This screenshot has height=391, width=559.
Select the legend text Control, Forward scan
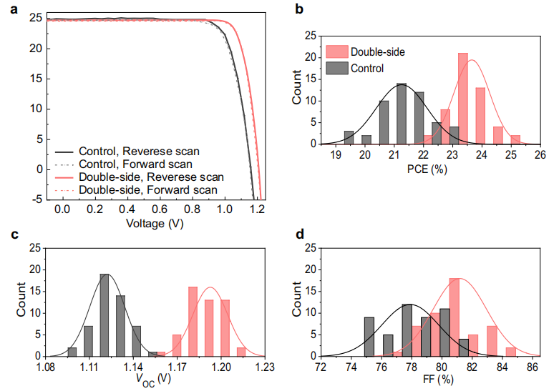[134, 164]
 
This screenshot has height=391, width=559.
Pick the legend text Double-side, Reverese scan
[151, 177]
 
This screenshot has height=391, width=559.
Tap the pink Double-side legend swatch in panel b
[336, 52]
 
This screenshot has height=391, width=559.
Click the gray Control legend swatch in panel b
[336, 68]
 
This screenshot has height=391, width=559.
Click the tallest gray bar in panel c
[104, 315]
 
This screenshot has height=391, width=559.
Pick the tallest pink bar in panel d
[453, 317]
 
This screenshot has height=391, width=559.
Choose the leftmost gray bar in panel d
[369, 336]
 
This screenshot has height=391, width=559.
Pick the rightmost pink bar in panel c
[241, 351]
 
